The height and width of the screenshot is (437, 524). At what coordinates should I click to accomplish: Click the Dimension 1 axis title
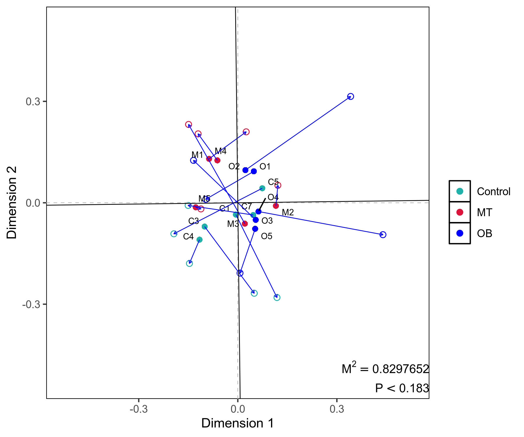point(238,423)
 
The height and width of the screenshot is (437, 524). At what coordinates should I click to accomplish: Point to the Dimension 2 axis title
point(12,202)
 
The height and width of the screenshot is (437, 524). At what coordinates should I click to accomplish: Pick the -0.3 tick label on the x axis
point(139,409)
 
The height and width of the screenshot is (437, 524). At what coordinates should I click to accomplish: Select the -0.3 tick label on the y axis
point(31,304)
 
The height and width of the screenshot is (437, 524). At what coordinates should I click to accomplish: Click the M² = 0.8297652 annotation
point(385,369)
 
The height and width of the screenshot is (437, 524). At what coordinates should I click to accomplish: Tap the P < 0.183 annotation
point(402,388)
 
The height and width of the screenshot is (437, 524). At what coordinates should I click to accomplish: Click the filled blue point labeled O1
point(254,171)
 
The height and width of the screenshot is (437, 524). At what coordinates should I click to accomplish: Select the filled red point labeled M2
point(276,206)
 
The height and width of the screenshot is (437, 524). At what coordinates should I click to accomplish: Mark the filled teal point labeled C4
point(199,240)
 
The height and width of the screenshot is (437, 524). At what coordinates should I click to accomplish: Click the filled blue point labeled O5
point(255,229)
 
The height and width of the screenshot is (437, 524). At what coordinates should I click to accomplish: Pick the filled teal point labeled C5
point(262,188)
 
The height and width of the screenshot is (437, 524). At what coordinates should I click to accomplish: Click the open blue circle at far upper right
point(351,96)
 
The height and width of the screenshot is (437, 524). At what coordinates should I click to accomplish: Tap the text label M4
point(221,151)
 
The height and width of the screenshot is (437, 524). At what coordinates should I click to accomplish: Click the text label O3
point(267,221)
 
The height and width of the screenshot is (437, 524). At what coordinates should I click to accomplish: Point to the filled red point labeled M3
point(245,224)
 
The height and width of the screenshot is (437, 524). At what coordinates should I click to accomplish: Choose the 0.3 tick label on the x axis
point(337,409)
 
